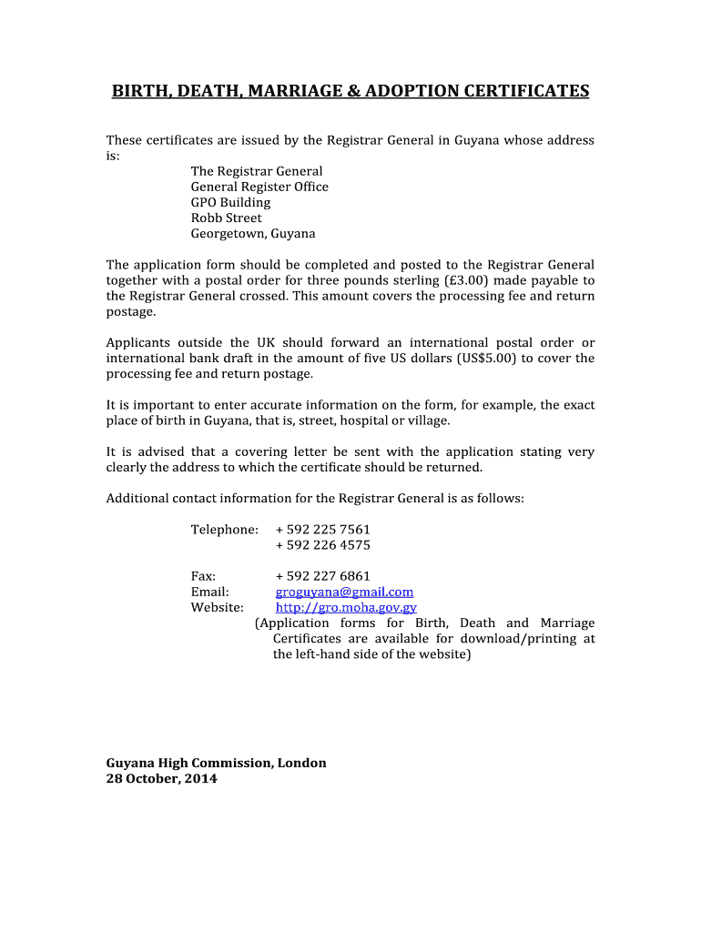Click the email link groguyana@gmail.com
(x=344, y=592)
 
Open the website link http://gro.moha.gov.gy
(x=346, y=607)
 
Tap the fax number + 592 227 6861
(x=322, y=576)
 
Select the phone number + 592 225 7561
(x=322, y=530)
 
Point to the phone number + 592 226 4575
(x=322, y=545)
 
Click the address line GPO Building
(x=230, y=202)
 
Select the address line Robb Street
(x=226, y=218)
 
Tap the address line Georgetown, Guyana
(x=253, y=233)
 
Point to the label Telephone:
(x=224, y=530)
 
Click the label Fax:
(x=203, y=576)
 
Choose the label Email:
(x=209, y=592)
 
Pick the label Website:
(x=217, y=607)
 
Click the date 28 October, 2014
(x=162, y=779)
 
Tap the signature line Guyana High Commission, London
(x=216, y=763)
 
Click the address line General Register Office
(x=259, y=187)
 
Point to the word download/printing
(x=503, y=639)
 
